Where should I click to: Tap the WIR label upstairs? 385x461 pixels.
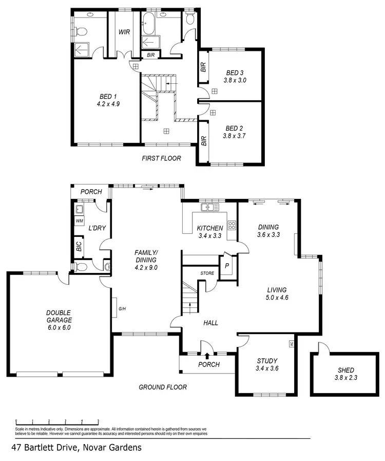124,32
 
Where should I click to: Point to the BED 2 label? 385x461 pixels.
234,128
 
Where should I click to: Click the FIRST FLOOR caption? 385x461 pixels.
161,158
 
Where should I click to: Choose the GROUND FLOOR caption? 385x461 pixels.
163,387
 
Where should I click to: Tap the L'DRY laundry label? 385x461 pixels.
97,228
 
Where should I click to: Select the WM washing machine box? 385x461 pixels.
80,221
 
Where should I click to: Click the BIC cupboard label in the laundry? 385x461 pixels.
79,246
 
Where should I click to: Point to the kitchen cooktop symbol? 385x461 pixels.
232,225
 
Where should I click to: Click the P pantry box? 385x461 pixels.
226,266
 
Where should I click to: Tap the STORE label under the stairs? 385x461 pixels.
207,273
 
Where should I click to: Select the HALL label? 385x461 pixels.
210,323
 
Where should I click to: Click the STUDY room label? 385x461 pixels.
266,360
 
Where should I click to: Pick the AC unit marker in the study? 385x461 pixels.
292,344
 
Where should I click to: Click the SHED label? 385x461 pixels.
345,370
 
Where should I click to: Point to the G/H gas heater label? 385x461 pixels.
122,309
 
